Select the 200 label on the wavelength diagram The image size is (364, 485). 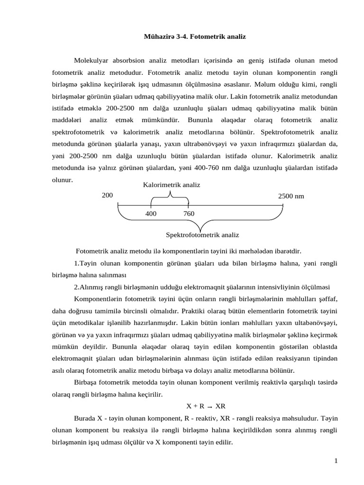[x=107, y=195]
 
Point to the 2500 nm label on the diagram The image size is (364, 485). [x=291, y=196]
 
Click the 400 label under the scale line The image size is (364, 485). [x=151, y=213]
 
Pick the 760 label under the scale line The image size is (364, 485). [x=189, y=213]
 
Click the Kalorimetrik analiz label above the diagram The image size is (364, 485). [x=172, y=184]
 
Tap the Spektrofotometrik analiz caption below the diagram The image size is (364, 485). [x=202, y=234]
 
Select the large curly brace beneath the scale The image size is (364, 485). [x=201, y=223]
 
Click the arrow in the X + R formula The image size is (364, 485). [x=209, y=406]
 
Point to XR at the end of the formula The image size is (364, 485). [x=220, y=406]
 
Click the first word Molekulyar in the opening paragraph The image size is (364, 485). [x=91, y=61]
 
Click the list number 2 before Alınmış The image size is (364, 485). [x=76, y=287]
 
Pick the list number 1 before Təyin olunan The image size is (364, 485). [x=76, y=263]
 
